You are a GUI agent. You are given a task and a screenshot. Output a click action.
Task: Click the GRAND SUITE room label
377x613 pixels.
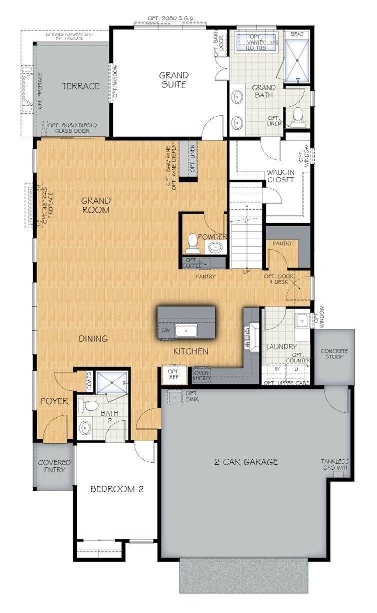click(x=173, y=80)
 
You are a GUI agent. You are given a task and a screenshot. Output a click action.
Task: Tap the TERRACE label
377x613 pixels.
click(x=80, y=86)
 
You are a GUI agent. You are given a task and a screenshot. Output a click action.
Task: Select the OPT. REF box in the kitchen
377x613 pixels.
click(x=174, y=375)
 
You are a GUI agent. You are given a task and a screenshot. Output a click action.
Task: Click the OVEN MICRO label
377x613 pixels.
click(x=202, y=376)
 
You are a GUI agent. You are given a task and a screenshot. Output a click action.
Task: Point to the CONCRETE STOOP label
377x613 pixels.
click(x=334, y=354)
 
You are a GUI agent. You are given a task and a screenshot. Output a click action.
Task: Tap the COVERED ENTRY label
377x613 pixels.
click(x=54, y=466)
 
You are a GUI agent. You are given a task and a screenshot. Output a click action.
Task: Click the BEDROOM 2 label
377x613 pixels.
click(x=117, y=489)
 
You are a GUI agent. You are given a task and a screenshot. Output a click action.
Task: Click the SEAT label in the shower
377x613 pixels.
click(x=297, y=34)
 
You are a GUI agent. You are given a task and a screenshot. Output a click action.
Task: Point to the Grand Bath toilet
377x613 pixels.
click(x=297, y=114)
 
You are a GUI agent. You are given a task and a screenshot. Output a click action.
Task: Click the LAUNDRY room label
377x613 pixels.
click(x=281, y=346)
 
